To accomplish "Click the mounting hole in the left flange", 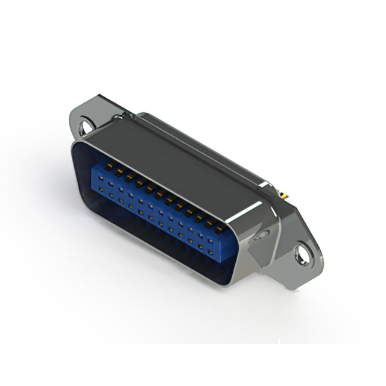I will pyautogui.click(x=87, y=127).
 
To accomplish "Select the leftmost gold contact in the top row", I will pyautogui.click(x=110, y=165).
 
